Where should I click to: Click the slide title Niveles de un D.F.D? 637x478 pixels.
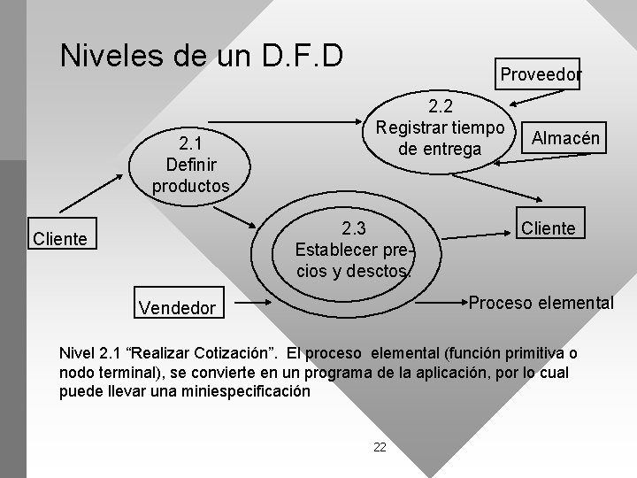point(201,55)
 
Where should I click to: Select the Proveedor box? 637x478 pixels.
point(541,75)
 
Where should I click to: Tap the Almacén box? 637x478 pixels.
point(564,137)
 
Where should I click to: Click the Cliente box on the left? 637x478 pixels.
point(59,239)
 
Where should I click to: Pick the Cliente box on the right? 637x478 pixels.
point(549,228)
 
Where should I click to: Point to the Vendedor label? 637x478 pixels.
point(177,308)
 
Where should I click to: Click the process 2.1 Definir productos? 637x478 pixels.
point(190,164)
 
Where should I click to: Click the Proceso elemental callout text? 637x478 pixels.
point(541,303)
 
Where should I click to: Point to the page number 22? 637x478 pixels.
point(380,447)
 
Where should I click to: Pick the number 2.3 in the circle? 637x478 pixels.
point(353,227)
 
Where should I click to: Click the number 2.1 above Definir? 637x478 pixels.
point(189,144)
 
